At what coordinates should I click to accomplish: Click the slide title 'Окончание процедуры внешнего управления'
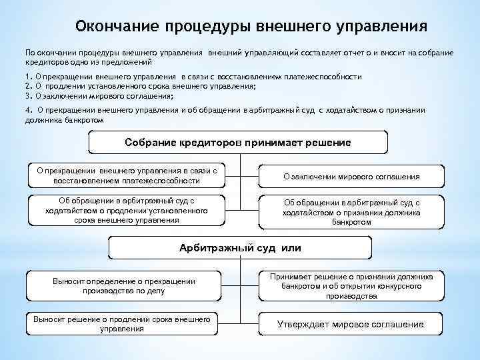click(251, 25)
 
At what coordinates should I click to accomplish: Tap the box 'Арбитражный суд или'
click(240, 248)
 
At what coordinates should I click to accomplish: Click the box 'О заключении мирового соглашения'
click(351, 177)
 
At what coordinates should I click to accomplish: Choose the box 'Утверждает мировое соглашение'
click(350, 325)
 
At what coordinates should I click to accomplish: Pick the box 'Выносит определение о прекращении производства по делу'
click(123, 286)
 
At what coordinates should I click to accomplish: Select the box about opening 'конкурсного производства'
click(351, 286)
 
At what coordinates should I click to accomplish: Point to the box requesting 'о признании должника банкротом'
click(351, 212)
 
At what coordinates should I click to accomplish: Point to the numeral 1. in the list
click(29, 77)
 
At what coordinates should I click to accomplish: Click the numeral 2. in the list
click(29, 87)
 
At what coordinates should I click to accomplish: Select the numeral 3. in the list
click(29, 96)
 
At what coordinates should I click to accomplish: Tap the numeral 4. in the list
click(29, 109)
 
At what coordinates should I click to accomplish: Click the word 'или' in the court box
click(291, 248)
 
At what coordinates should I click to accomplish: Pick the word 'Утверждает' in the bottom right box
click(305, 325)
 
